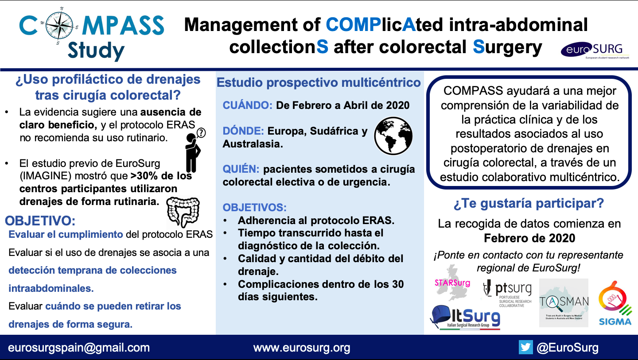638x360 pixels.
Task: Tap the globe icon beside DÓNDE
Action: pos(393,135)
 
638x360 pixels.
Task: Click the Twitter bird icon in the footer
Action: pos(525,347)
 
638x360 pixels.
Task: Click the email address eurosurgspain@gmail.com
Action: pos(79,348)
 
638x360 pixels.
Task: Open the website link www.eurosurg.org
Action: pos(302,348)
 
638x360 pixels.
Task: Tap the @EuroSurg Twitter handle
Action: pos(567,348)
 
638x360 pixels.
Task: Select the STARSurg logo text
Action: pos(452,283)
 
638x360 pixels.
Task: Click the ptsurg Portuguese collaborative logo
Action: pos(507,292)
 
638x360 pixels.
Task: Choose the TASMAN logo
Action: pos(564,302)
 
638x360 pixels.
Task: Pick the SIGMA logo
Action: pos(615,303)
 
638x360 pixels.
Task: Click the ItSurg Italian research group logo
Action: pos(465,318)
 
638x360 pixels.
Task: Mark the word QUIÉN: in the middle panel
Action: pos(241,169)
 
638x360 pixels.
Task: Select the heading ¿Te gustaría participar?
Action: pos(529,204)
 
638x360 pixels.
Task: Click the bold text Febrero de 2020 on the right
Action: pos(529,238)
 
